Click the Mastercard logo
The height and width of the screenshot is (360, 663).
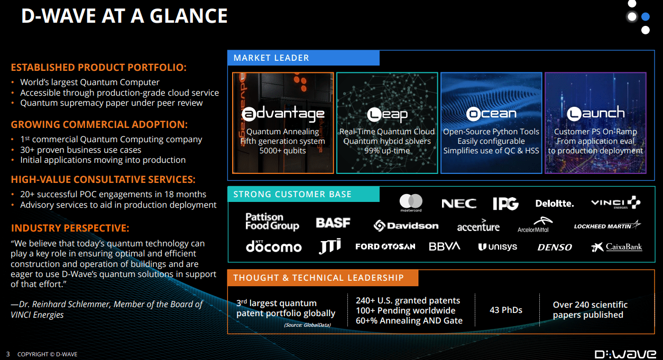click(411, 202)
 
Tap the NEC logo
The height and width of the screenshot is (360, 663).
click(459, 204)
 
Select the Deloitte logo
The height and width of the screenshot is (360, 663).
click(554, 204)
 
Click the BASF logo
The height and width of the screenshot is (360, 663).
click(333, 223)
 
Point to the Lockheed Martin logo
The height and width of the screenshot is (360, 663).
click(607, 226)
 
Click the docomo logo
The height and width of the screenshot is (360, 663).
click(273, 246)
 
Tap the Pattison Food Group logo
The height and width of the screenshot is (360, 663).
click(272, 221)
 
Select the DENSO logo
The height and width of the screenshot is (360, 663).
click(555, 247)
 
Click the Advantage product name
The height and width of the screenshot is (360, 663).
click(283, 114)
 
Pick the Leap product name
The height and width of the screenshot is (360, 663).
click(387, 114)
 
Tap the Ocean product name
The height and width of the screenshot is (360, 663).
click(491, 114)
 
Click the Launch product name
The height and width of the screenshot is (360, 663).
click(595, 114)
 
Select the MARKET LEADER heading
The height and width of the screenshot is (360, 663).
click(271, 58)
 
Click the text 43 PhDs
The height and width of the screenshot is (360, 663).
click(506, 310)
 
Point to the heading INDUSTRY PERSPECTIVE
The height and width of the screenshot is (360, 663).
click(70, 228)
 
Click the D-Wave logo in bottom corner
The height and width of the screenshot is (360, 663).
click(625, 354)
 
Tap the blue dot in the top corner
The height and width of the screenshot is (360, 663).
click(645, 16)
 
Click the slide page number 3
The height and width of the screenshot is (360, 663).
click(8, 354)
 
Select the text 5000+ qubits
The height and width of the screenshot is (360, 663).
click(282, 151)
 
